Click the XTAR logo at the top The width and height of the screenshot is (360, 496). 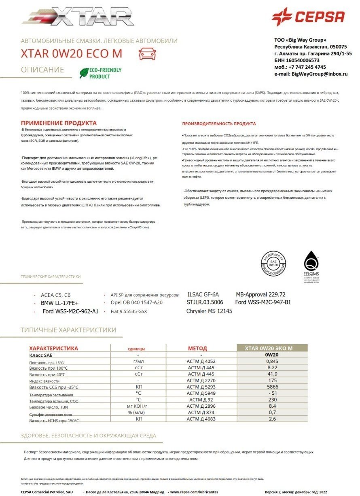coord(79,17)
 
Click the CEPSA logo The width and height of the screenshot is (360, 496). coord(308,17)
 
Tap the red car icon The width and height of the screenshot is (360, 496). coord(147,53)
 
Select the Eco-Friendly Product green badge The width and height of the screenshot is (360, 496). coord(100,73)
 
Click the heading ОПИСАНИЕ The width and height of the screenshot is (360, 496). coord(42,70)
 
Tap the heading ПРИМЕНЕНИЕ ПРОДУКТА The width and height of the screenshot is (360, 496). coord(59,123)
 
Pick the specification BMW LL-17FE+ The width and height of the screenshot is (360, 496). coord(60,303)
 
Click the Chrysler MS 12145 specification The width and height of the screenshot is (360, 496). coord(209,311)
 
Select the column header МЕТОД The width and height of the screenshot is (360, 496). coord(197,348)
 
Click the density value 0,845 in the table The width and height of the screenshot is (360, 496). coord(272,361)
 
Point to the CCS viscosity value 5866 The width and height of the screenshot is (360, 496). coord(272,387)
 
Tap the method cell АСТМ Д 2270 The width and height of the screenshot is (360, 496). coord(201,381)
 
